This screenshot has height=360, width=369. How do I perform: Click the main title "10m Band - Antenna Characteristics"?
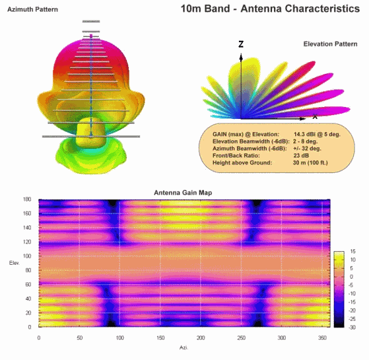click(270, 9)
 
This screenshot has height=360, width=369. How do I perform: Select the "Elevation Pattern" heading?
click(330, 44)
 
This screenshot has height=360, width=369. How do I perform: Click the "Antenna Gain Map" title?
click(181, 192)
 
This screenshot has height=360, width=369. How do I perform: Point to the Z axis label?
click(241, 44)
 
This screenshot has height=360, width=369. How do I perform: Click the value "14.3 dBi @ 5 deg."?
click(317, 135)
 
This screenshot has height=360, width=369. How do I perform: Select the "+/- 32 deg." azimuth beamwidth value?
click(307, 148)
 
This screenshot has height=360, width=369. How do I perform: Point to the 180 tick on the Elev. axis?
click(27, 200)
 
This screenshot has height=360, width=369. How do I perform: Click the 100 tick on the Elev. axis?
click(27, 256)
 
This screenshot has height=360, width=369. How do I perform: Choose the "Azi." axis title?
click(182, 346)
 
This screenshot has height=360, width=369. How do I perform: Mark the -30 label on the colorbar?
click(352, 327)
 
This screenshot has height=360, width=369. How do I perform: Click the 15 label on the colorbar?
click(352, 252)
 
